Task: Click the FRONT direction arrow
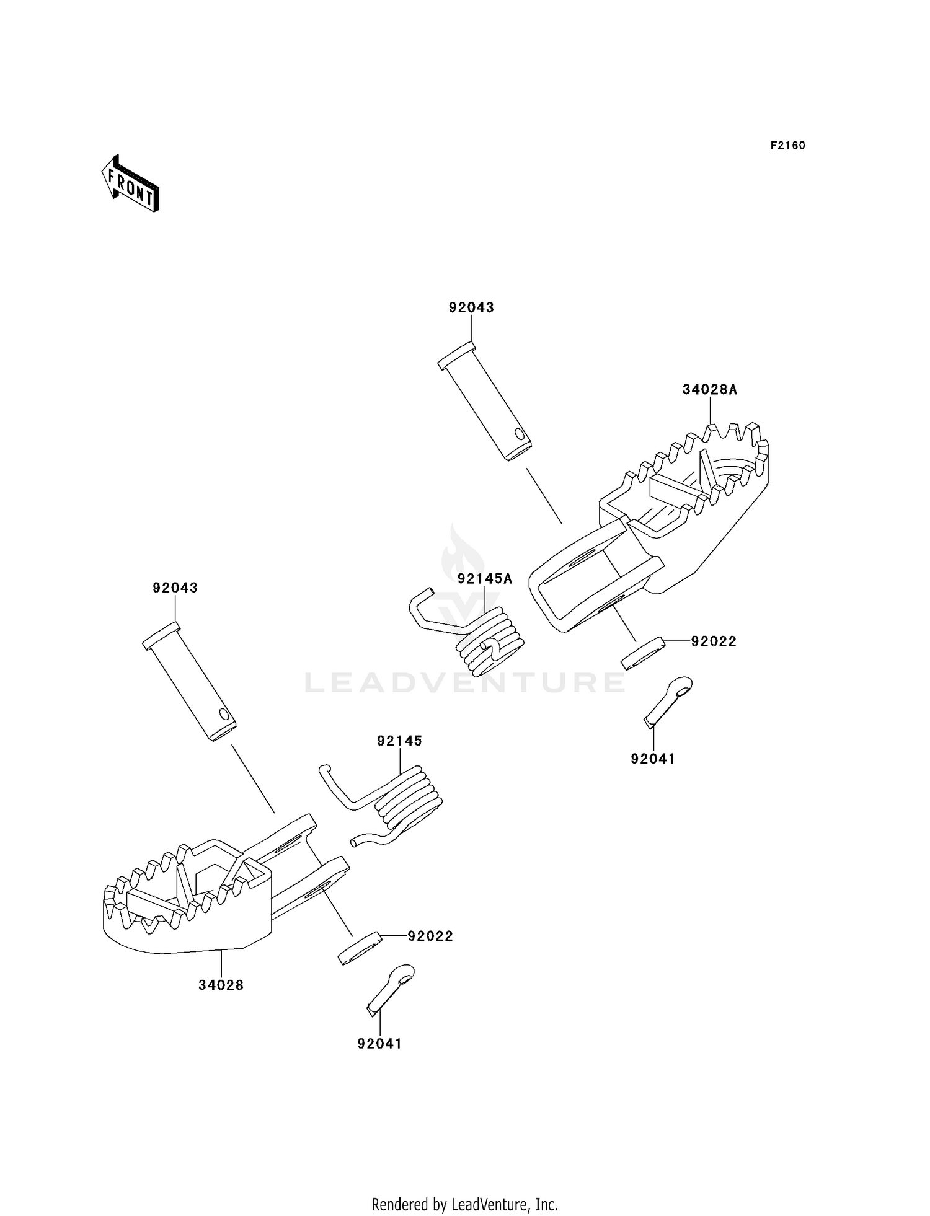130,185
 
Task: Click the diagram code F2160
787,146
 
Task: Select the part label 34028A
710,390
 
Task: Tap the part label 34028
221,985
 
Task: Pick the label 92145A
485,579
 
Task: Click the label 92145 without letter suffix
399,741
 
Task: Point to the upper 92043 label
471,307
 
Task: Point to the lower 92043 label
175,588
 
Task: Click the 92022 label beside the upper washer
714,641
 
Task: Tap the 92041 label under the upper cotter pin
653,759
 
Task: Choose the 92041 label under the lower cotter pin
379,1044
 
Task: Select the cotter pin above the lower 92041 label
391,989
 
